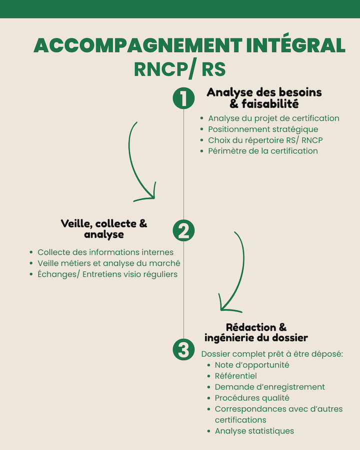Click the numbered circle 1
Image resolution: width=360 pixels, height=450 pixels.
pyautogui.click(x=183, y=98)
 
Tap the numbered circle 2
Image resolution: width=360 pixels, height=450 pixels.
pyautogui.click(x=183, y=230)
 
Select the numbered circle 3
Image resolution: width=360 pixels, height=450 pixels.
pyautogui.click(x=183, y=349)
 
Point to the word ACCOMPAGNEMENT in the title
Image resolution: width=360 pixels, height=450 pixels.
pyautogui.click(x=138, y=45)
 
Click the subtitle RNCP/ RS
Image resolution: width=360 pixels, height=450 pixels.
pyautogui.click(x=179, y=69)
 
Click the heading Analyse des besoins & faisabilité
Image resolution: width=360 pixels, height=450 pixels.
pyautogui.click(x=264, y=98)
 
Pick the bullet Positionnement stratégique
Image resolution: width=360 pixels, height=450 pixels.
pyautogui.click(x=263, y=129)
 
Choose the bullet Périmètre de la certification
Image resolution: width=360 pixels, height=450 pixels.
pyautogui.click(x=263, y=151)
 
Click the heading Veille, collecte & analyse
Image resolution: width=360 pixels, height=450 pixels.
pyautogui.click(x=104, y=228)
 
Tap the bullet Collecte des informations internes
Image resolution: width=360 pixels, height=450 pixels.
pyautogui.click(x=105, y=252)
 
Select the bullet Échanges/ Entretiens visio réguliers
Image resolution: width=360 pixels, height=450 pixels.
pyautogui.click(x=107, y=274)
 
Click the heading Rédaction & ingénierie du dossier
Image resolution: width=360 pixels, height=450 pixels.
pyautogui.click(x=256, y=332)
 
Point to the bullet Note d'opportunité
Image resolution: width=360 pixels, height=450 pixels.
pyautogui.click(x=252, y=365)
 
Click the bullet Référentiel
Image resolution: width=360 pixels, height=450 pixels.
pyautogui.click(x=235, y=375)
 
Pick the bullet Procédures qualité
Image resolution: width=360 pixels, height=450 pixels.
pyautogui.click(x=252, y=398)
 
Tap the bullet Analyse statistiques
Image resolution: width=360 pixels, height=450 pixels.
pyautogui.click(x=254, y=431)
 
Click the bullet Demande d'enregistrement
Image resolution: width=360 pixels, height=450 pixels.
pyautogui.click(x=270, y=387)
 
